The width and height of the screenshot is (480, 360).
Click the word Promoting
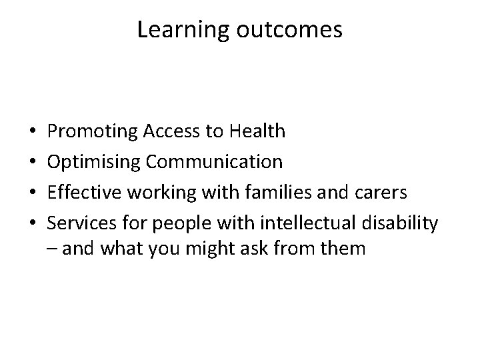point(93,132)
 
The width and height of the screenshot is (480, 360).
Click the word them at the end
point(342,249)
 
